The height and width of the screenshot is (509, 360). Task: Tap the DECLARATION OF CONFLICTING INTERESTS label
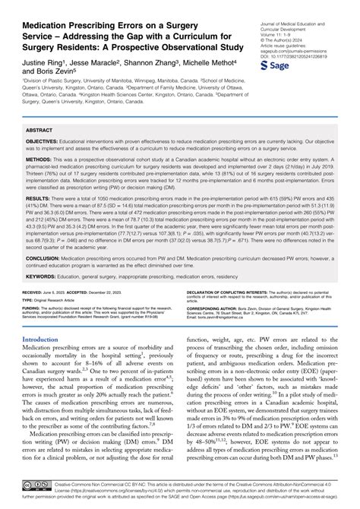pyautogui.click(x=231, y=291)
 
